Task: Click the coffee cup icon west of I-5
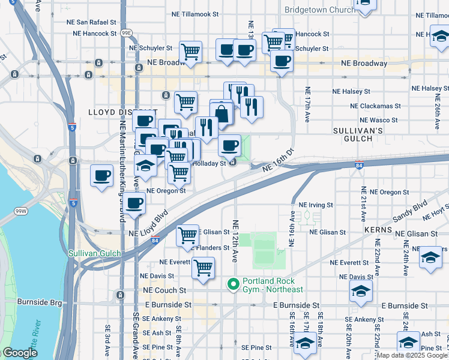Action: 101,176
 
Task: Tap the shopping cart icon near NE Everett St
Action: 203,268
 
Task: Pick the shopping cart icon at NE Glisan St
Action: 188,235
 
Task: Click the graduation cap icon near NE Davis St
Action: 361,292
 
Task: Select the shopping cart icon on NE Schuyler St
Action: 191,51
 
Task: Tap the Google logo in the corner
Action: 19,353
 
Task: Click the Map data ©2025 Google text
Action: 412,355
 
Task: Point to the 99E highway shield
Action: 126,34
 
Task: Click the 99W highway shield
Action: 21,212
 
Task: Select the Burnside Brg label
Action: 39,302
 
